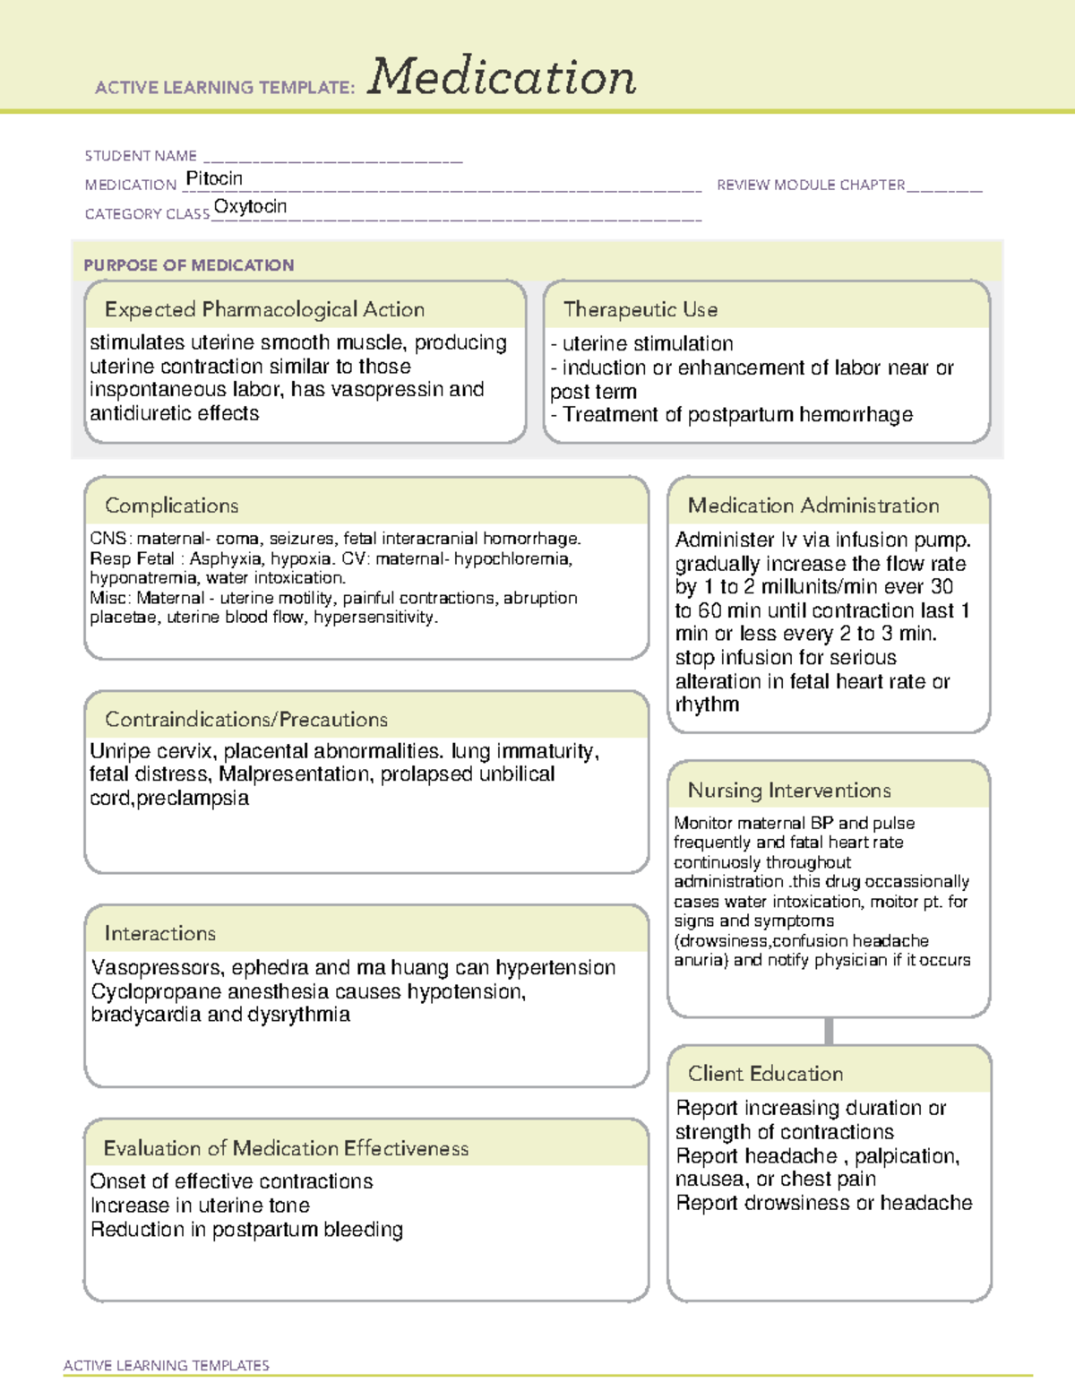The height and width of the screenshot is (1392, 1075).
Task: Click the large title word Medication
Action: pos(502,77)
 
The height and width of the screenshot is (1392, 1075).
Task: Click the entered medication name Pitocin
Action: pos(214,178)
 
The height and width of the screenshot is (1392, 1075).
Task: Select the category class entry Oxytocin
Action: pos(250,206)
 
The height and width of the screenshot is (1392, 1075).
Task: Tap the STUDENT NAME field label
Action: pos(141,156)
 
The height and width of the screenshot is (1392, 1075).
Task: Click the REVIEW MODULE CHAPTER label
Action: pos(811,185)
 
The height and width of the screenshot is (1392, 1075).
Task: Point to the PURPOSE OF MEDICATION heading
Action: pos(188,265)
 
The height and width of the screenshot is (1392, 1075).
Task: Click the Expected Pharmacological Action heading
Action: pos(264,309)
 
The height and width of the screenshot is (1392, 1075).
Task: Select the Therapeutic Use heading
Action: pos(640,309)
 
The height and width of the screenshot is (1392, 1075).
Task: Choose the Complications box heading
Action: pos(171,506)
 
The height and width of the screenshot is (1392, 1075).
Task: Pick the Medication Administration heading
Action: pos(813,506)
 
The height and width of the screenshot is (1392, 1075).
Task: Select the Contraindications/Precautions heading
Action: pos(245,719)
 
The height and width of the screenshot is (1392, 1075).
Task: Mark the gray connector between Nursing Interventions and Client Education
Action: pos(829,1031)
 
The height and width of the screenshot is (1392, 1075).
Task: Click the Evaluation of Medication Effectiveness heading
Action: pos(286,1148)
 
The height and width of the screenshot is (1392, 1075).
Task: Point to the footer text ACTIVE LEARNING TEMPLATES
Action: pos(166,1365)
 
